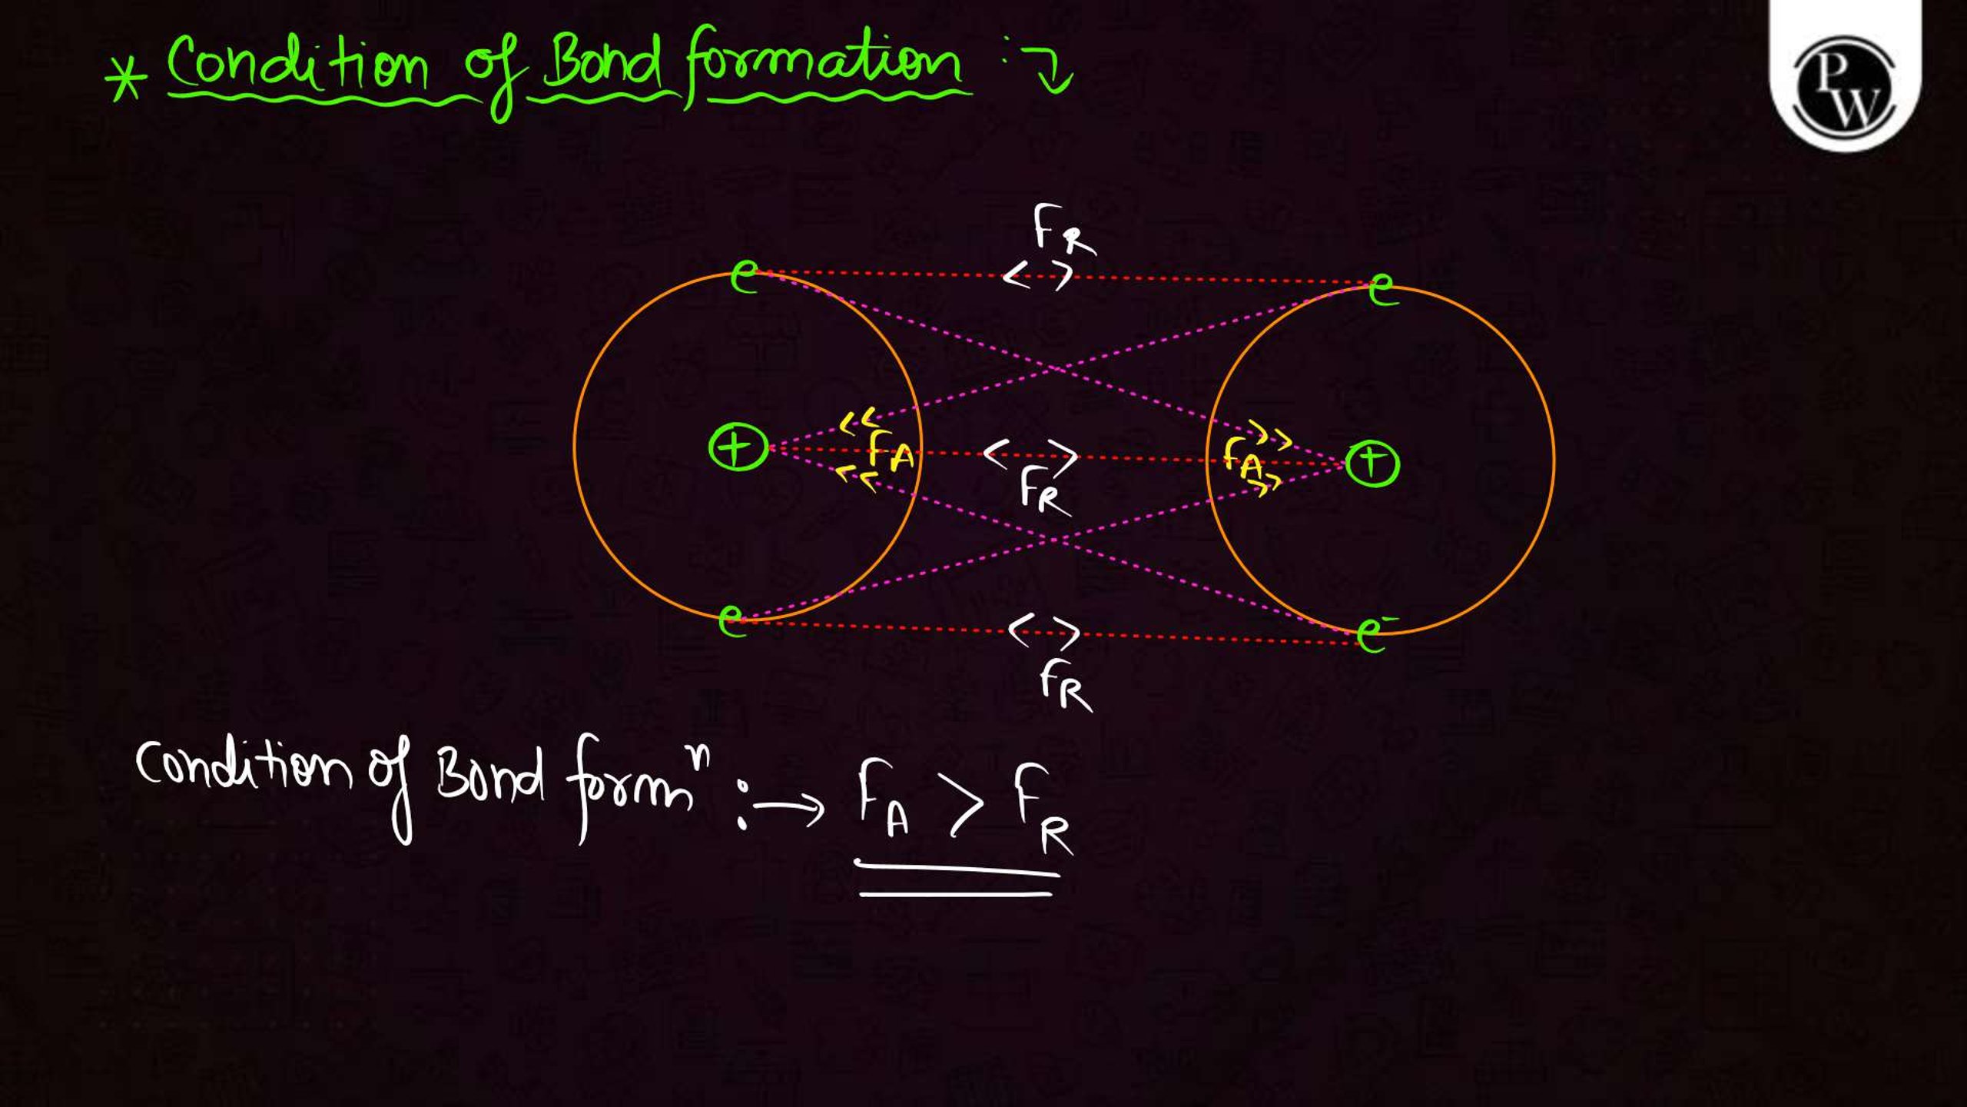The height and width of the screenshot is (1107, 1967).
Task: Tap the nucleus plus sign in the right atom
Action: [1372, 464]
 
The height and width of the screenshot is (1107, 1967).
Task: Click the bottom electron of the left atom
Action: [731, 620]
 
